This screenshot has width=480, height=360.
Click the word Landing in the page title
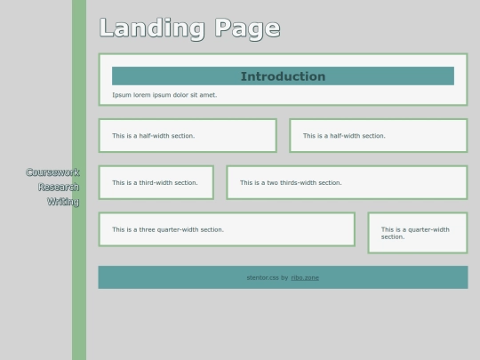coord(152,28)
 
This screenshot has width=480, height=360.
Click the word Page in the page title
coord(247,28)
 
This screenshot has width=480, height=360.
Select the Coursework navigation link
coord(52,172)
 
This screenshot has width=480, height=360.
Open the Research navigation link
coord(59,187)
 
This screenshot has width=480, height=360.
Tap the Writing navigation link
coord(63,202)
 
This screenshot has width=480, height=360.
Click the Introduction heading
coord(283,76)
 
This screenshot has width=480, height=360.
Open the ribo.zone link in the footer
coord(305,277)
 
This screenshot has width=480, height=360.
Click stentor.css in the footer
coord(262,277)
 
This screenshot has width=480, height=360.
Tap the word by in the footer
coord(284,277)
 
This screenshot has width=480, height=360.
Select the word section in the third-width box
coord(186,183)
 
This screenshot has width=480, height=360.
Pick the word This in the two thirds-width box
coord(246,183)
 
